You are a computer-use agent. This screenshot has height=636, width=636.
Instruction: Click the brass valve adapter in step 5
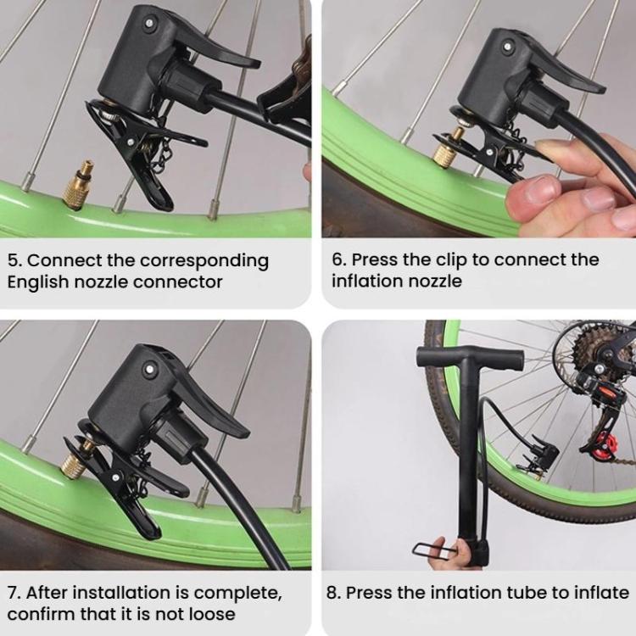coord(78,185)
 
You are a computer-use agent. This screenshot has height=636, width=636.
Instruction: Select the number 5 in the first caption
coord(14,261)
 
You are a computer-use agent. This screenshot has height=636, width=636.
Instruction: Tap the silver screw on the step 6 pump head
coord(507,47)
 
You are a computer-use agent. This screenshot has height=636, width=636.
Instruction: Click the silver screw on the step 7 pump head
coord(150,369)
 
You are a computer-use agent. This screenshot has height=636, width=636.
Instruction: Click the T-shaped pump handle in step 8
coord(470,357)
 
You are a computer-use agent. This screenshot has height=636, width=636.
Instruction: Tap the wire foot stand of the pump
coord(435,551)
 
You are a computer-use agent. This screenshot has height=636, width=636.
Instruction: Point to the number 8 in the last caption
coord(332,594)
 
